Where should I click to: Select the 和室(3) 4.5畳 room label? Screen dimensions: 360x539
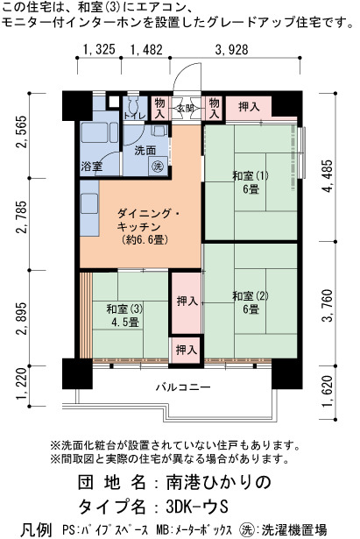(124, 316)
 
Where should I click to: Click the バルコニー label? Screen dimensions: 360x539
(183, 387)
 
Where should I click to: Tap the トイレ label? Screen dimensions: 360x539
(135, 116)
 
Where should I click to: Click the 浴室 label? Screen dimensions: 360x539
(92, 167)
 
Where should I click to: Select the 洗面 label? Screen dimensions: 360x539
(145, 151)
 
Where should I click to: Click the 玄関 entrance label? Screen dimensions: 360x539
(186, 109)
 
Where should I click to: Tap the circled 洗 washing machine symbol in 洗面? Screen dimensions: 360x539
(158, 167)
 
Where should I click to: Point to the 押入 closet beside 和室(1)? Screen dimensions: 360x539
(249, 107)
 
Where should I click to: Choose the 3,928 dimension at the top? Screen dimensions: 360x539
(231, 50)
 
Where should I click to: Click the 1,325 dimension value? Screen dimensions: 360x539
(99, 50)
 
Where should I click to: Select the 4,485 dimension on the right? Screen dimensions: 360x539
(328, 175)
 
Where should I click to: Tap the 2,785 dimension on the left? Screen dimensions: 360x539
(23, 216)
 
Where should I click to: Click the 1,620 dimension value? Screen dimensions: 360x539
(328, 390)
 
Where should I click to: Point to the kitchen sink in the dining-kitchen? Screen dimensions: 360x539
(89, 204)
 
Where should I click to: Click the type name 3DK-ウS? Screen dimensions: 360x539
(197, 507)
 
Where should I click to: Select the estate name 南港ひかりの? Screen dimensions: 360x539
(219, 483)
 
